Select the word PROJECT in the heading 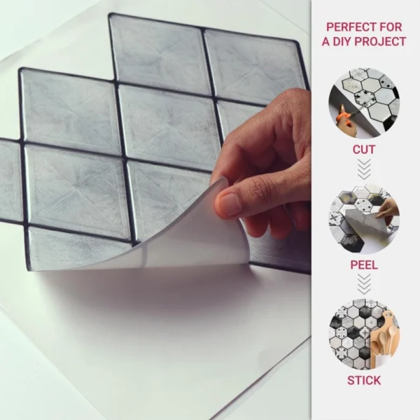[x=380, y=41]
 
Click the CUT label [x=364, y=150]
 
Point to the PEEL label [x=364, y=265]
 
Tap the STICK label [x=364, y=380]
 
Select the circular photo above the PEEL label [x=364, y=219]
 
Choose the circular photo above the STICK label [x=364, y=335]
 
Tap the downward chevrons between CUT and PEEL [x=364, y=169]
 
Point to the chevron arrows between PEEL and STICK [x=364, y=284]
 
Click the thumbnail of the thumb [x=228, y=204]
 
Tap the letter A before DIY [x=326, y=41]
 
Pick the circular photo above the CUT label [x=364, y=103]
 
